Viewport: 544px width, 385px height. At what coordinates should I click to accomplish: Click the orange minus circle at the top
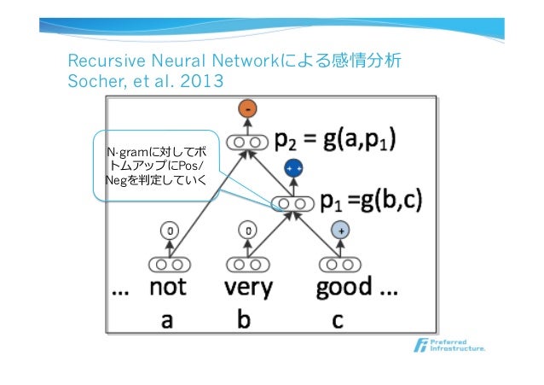point(248,110)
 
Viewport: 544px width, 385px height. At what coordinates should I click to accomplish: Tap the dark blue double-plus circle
point(294,169)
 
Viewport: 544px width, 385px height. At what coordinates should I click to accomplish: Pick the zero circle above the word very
point(247,230)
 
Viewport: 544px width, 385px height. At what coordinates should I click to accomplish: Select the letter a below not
point(167,320)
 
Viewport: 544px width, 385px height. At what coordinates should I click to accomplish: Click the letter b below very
point(245,320)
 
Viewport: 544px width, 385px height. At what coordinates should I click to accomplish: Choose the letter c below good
point(338,320)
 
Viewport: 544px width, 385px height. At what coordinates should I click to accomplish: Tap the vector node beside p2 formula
point(248,140)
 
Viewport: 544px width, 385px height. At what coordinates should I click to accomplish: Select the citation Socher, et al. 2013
point(145,83)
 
